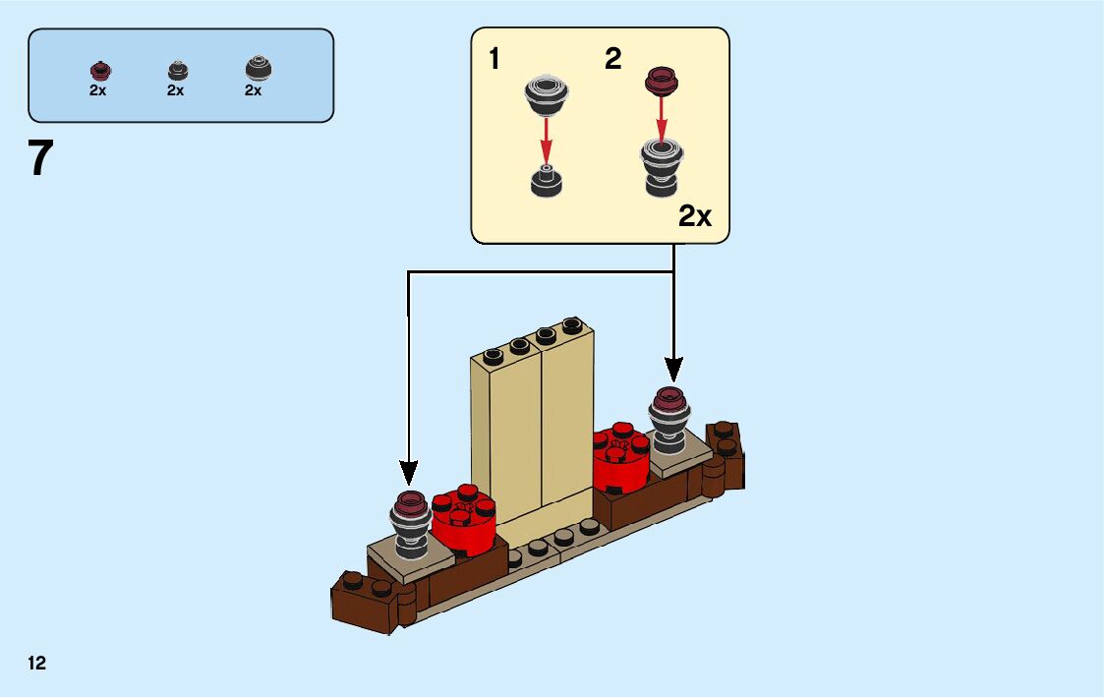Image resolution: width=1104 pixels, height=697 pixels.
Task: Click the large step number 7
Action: pyautogui.click(x=39, y=158)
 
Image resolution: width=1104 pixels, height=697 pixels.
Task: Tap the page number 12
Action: pyautogui.click(x=36, y=664)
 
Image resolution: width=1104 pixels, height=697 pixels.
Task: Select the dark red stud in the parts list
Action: pyautogui.click(x=99, y=70)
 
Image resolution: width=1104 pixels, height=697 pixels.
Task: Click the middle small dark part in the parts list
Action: pyautogui.click(x=177, y=70)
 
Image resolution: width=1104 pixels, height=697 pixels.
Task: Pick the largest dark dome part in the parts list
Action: pyautogui.click(x=258, y=68)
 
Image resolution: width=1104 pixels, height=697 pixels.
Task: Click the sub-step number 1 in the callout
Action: pyautogui.click(x=494, y=59)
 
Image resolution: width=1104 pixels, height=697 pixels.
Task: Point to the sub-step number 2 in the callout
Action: pyautogui.click(x=613, y=59)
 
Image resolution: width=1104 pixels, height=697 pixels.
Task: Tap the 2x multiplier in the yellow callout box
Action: pyautogui.click(x=695, y=217)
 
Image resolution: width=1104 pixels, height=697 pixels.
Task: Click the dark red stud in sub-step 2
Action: pyautogui.click(x=662, y=81)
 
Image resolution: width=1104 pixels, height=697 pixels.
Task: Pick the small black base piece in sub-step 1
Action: pyautogui.click(x=546, y=181)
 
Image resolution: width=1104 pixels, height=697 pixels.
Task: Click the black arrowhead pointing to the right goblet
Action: pyautogui.click(x=673, y=369)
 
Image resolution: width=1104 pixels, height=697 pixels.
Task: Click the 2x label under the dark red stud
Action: pyautogui.click(x=98, y=90)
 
